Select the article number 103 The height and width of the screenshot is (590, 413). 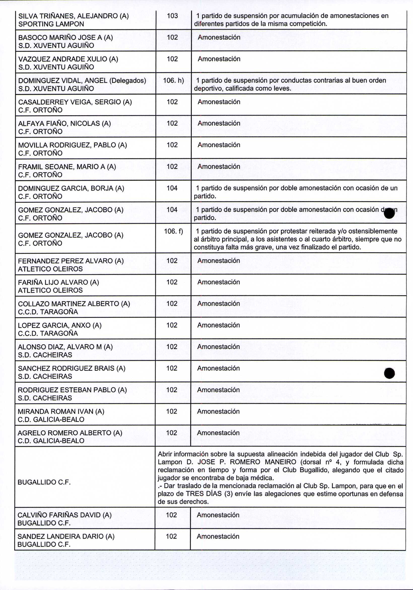point(172,16)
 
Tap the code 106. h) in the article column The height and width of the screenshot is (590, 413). point(173,80)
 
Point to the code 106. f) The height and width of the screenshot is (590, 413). point(173,231)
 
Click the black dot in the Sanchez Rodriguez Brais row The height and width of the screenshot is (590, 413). point(389,373)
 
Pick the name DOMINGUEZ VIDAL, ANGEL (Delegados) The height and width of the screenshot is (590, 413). point(82,80)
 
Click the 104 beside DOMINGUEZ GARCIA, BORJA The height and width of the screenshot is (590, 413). point(172,188)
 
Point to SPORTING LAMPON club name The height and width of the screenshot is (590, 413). point(51,24)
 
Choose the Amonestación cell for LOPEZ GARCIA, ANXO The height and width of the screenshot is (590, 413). point(219,325)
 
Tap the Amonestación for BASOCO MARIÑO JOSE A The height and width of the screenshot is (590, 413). point(219,37)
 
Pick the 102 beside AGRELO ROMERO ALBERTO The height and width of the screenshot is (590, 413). point(171,433)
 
